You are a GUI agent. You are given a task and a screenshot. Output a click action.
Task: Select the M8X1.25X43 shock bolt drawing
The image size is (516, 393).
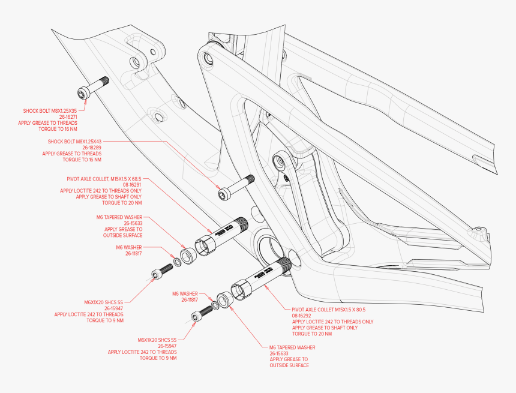pyautogui.click(x=236, y=187)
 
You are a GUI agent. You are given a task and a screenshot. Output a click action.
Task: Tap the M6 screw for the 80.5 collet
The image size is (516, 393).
pyautogui.click(x=203, y=313)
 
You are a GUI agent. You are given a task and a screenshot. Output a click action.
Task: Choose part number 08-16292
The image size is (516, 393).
pyautogui.click(x=304, y=315)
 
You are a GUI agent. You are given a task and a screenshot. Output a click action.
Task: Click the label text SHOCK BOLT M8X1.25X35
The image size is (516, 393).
pyautogui.click(x=50, y=111)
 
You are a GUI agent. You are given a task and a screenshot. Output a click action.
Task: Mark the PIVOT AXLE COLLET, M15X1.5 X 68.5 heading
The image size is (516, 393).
pyautogui.click(x=104, y=179)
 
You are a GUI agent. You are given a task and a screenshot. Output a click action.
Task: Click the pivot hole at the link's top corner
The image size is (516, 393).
pyautogui.click(x=208, y=59)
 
